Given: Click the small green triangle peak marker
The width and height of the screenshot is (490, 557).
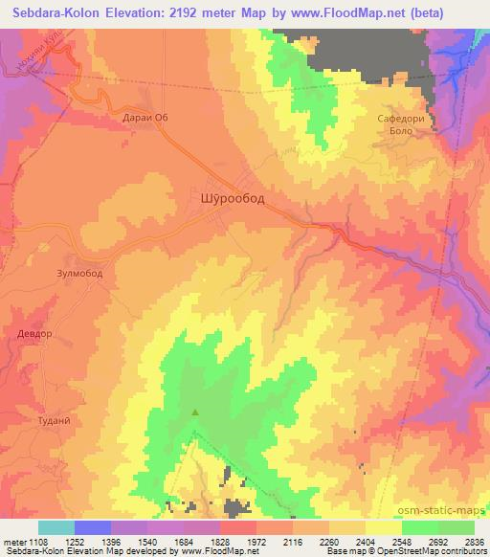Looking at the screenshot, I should (x=196, y=413).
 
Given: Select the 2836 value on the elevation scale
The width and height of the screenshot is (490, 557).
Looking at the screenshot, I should (x=473, y=541).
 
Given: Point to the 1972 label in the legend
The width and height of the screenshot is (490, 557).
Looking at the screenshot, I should (x=255, y=541).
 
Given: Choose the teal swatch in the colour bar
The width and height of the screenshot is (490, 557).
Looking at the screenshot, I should (x=56, y=527).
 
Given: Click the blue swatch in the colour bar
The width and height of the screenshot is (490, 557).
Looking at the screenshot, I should (x=92, y=527).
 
